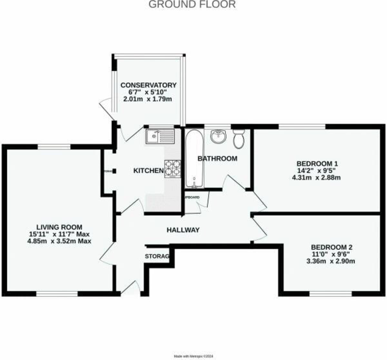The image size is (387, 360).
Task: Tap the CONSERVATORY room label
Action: [148, 85]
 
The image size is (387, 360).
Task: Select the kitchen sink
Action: [160, 136]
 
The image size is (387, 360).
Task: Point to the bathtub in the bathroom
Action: [194, 158]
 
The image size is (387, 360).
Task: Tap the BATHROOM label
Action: [217, 158]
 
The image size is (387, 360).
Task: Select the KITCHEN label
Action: [148, 171]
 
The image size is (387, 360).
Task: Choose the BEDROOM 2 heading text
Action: [331, 247]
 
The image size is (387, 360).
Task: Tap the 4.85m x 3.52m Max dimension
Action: [59, 241]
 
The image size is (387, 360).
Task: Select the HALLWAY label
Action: [183, 230]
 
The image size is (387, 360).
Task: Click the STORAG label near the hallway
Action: [157, 256]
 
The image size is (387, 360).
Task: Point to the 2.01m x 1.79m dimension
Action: [147, 99]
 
